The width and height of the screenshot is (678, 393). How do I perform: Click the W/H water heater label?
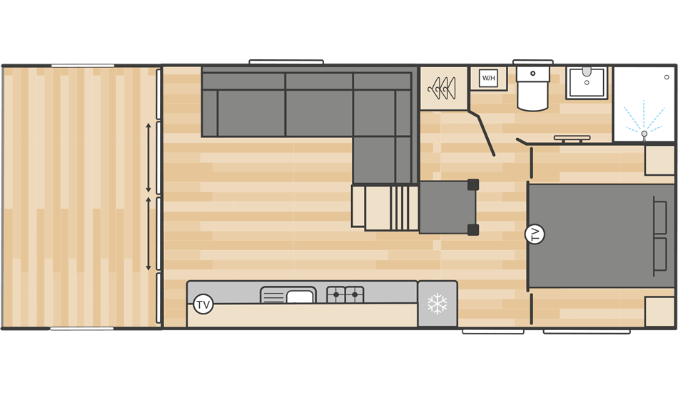pyautogui.click(x=488, y=78)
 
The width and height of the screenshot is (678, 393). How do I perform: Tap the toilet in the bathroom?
pyautogui.click(x=532, y=90)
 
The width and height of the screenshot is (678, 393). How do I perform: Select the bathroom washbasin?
pyautogui.click(x=587, y=83)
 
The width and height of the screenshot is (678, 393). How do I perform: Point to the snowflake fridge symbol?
pyautogui.click(x=437, y=304)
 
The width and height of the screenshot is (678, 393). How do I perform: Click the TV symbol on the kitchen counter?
pyautogui.click(x=203, y=304)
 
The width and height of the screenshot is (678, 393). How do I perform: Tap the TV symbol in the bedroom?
pyautogui.click(x=534, y=234)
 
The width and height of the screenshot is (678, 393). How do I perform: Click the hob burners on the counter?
pyautogui.click(x=345, y=294)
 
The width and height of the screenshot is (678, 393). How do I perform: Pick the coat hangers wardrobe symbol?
pyautogui.click(x=442, y=89)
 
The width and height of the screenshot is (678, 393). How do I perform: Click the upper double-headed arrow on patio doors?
pyautogui.click(x=148, y=157)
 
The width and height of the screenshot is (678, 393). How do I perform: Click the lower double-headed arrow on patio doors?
pyautogui.click(x=148, y=234)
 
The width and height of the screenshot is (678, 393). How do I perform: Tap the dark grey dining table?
pyautogui.click(x=447, y=207)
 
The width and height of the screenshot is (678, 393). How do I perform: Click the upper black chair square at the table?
pyautogui.click(x=472, y=184)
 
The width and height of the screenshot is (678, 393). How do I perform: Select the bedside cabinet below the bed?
pyautogui.click(x=659, y=312)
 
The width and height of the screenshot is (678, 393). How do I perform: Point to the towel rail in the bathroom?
pyautogui.click(x=572, y=138)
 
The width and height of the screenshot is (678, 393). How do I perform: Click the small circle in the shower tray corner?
pyautogui.click(x=667, y=76)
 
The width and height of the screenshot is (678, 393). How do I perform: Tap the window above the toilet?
pyautogui.click(x=532, y=62)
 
